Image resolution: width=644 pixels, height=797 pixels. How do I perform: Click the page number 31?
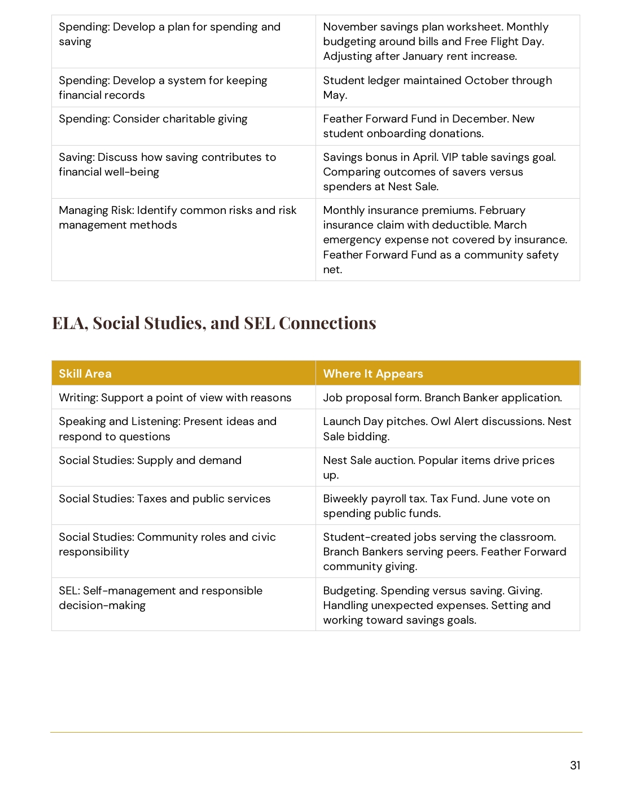(x=575, y=765)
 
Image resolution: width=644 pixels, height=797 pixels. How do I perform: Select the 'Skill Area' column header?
(x=85, y=374)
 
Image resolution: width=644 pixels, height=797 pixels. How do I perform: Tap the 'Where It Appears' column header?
(x=373, y=374)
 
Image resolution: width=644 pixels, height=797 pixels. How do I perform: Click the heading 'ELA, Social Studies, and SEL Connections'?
(x=214, y=323)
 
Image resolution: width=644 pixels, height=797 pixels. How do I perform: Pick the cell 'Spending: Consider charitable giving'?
(x=153, y=119)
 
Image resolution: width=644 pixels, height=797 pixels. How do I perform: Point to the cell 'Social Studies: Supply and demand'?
(x=150, y=461)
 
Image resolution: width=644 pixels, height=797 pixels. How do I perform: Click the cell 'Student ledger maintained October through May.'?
(x=437, y=87)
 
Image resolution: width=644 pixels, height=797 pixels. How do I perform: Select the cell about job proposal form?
(x=442, y=398)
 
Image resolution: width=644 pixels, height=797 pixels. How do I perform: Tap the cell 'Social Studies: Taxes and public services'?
(x=164, y=499)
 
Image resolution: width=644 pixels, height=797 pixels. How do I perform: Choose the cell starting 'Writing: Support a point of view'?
(x=175, y=398)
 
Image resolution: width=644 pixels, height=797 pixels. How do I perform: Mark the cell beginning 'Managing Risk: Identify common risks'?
(x=177, y=218)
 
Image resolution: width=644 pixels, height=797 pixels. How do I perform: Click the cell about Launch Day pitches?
(x=446, y=429)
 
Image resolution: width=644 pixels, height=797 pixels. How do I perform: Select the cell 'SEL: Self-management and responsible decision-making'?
(x=160, y=598)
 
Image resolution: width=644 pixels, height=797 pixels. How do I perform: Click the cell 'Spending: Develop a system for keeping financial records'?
(x=163, y=87)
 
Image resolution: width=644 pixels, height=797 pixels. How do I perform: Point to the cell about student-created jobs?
(x=444, y=551)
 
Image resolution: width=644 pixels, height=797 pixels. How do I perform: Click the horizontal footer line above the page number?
(x=316, y=733)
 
